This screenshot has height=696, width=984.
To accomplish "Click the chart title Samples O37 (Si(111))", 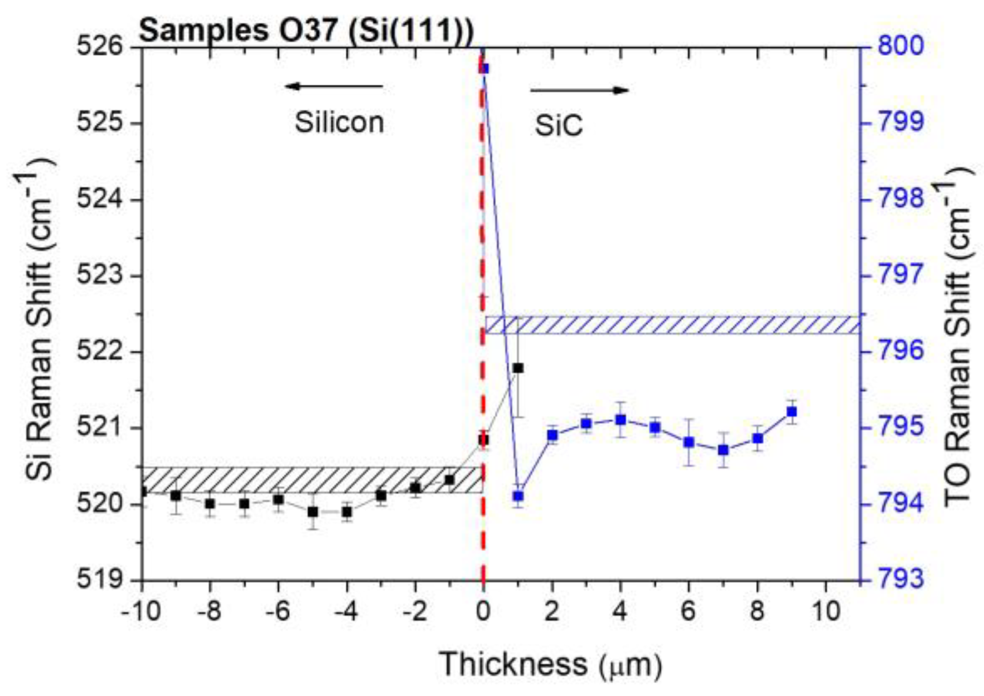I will [306, 30].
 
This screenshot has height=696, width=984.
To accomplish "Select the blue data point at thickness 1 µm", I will [518, 496].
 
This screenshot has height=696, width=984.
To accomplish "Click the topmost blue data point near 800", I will [484, 69].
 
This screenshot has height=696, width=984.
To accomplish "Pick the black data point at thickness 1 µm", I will [518, 368].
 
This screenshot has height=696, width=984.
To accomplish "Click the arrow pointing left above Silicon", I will [333, 86].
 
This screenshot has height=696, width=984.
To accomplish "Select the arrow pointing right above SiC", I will [580, 90].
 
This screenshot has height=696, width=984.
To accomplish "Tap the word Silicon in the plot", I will [339, 123].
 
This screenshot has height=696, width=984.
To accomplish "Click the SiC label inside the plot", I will [559, 126].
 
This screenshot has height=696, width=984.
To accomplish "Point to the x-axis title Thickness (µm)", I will [550, 664].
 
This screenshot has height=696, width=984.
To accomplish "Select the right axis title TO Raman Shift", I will [958, 334].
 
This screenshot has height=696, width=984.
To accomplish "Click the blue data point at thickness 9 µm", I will [792, 412].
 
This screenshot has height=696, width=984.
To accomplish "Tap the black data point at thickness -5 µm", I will [313, 512].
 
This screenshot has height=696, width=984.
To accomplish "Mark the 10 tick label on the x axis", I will [826, 612].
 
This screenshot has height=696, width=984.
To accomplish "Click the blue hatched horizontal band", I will [669, 325].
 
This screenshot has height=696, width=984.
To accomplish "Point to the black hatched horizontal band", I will [312, 480].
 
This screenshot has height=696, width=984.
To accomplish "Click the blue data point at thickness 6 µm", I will [689, 442].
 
